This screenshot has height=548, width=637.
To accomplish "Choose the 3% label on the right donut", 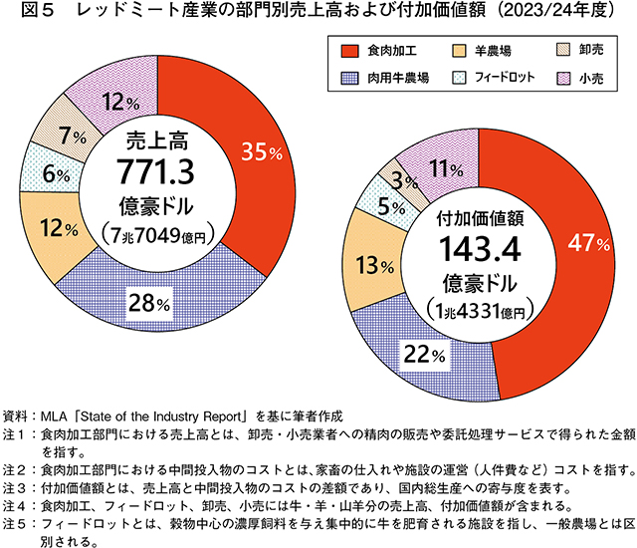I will (x=402, y=181).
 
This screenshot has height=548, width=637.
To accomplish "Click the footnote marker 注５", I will (x=20, y=522).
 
